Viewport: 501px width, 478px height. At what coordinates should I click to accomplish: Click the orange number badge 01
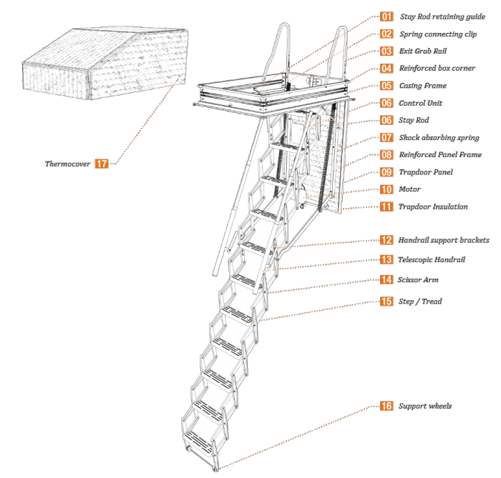(386, 16)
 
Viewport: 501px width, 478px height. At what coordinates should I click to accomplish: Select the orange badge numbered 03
(386, 51)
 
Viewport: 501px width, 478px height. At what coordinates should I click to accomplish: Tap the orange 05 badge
(386, 86)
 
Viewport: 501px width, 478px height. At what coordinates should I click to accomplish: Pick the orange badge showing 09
(386, 172)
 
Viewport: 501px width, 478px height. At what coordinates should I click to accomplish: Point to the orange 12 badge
(386, 241)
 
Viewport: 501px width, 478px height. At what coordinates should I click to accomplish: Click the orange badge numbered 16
(386, 406)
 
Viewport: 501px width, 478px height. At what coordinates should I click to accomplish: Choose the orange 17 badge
(102, 164)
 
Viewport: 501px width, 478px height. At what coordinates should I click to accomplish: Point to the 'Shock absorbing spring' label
(439, 137)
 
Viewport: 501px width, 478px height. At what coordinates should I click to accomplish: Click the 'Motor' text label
(409, 189)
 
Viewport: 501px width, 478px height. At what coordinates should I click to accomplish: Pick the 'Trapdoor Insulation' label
(433, 206)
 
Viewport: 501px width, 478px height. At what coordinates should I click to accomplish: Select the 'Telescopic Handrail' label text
(432, 260)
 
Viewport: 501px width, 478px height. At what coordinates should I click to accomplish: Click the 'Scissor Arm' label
(419, 280)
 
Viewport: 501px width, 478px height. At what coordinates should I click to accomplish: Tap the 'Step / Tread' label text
(420, 302)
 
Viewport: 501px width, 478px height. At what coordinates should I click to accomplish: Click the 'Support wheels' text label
(425, 406)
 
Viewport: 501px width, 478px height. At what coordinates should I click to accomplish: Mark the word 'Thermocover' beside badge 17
(67, 164)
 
